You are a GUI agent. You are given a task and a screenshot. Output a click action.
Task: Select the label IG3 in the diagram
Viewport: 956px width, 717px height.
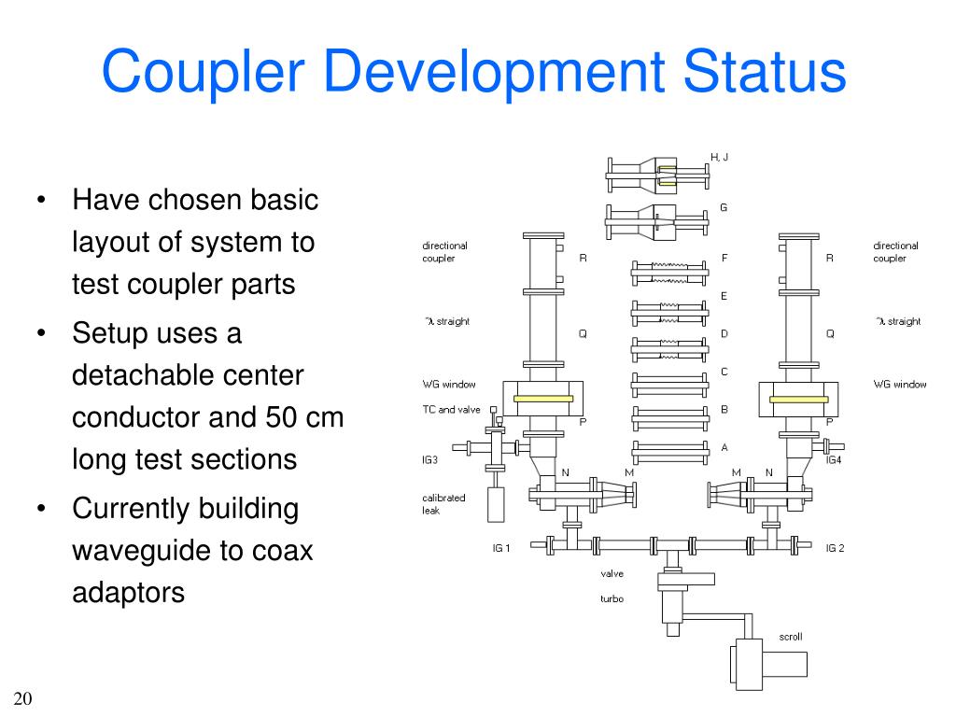pos(430,459)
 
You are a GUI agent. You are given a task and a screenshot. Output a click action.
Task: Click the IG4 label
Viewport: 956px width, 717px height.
pos(834,459)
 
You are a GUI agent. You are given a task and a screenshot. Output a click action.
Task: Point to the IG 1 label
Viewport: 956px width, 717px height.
pos(501,548)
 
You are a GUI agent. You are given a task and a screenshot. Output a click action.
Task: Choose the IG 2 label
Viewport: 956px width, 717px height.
pos(835,548)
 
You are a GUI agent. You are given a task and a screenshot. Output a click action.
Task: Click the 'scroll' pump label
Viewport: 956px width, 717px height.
pos(790,637)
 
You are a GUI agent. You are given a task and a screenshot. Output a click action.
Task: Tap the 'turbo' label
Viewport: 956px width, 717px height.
pos(612,598)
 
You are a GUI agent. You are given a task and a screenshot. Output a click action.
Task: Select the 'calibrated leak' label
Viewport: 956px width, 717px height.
pos(443,504)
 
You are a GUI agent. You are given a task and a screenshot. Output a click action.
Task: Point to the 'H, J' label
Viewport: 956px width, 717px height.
pos(719,157)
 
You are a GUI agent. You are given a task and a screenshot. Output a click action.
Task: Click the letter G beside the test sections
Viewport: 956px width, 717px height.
pos(723,207)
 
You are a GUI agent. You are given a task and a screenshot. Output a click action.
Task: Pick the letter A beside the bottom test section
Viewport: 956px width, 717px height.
pos(724,447)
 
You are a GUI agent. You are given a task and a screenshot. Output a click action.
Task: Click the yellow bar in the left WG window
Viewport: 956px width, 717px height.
pos(542,399)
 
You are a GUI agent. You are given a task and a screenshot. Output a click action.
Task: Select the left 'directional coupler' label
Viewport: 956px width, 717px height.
pos(444,252)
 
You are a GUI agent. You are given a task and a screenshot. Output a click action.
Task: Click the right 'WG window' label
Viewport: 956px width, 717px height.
pos(900,384)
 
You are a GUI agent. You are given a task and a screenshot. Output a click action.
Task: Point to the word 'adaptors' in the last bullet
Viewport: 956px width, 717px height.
pos(128,593)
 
